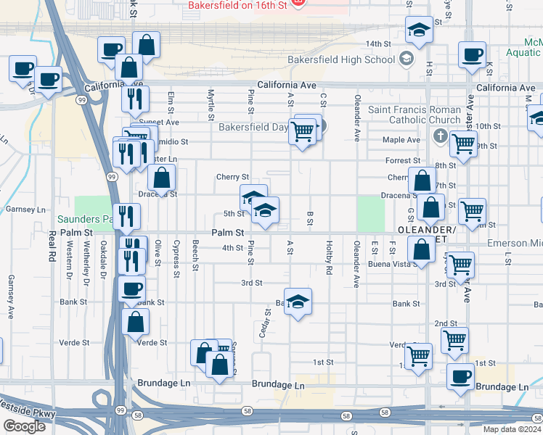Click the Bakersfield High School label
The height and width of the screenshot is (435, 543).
351,59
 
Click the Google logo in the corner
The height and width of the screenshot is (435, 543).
24,426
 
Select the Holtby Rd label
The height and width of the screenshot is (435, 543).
329,260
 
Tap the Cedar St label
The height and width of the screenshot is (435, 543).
266,323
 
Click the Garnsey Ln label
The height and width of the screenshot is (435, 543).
25,210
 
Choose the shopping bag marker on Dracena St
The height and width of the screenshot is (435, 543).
161,176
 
